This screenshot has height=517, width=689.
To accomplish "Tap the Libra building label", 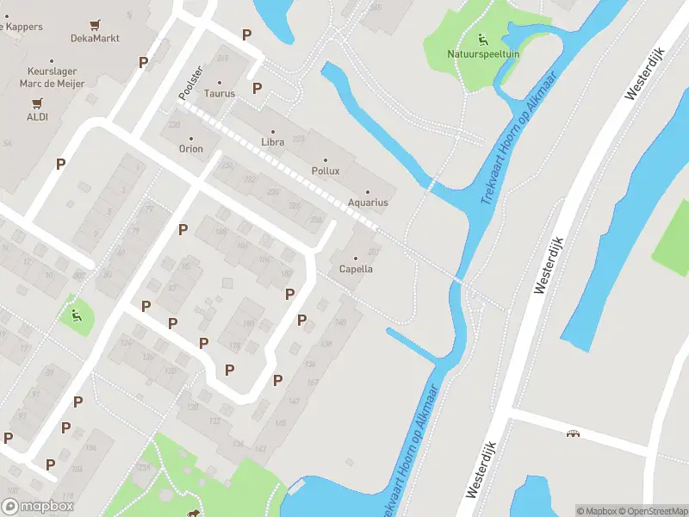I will coord(272,142).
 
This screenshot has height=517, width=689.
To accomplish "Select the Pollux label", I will coord(326,171).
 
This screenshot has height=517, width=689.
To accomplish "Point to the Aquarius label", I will coord(368,202).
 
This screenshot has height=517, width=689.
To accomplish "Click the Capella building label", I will coord(356,269).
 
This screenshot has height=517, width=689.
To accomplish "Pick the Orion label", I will coord(191,148).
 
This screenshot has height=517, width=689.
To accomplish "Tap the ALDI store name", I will coord(37,117).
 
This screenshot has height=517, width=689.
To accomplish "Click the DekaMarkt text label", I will coord(96,38).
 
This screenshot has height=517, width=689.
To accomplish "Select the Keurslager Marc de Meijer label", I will coord(45,78).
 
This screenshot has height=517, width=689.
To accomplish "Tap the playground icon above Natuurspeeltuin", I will coord(481,39).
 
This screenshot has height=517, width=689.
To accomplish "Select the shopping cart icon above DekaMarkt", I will coord(96,23).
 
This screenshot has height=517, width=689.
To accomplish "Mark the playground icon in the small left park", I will coord(76,315).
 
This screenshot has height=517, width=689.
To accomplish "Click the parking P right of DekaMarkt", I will coord(143,62).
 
